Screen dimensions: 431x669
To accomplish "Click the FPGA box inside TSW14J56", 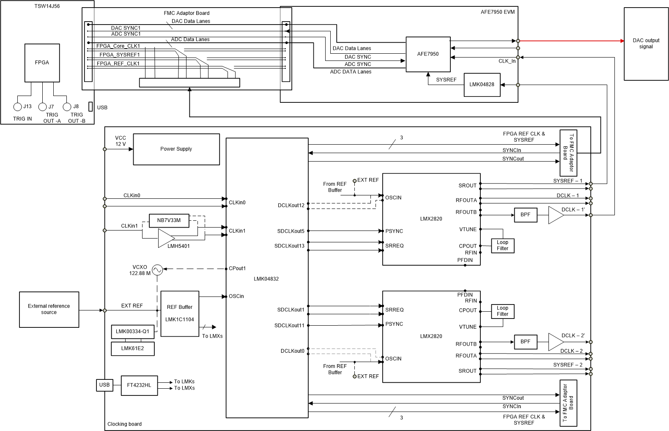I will click(42, 63).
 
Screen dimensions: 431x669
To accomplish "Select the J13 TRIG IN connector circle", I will click(17, 107).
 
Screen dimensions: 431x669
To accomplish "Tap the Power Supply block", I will click(176, 149).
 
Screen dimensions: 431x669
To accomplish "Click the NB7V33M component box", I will click(169, 220).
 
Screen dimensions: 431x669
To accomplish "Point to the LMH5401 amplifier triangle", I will click(165, 238).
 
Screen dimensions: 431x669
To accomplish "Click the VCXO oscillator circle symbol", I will click(157, 270).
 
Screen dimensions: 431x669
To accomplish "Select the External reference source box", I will click(49, 309).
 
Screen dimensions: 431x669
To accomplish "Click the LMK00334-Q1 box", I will click(132, 332).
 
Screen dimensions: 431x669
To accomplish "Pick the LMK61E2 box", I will click(132, 349).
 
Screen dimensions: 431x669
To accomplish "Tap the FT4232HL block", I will click(139, 385).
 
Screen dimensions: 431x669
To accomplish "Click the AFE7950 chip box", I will click(428, 54).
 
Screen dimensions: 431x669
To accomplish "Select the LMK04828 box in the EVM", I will click(482, 85).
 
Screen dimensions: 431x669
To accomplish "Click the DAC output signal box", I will click(646, 44).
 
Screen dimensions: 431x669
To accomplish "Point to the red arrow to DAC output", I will click(571, 41).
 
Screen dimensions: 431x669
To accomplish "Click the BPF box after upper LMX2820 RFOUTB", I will click(525, 215).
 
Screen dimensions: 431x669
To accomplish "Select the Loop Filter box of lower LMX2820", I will click(502, 311).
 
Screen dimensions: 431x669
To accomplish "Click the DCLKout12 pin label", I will click(291, 206).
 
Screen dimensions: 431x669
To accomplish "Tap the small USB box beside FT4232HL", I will click(104, 385).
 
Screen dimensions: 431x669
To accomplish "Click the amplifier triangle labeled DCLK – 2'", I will click(555, 342).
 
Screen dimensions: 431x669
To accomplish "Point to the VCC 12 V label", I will click(121, 141).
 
